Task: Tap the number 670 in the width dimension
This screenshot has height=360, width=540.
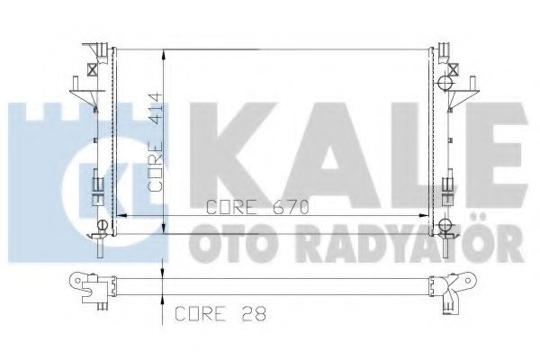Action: click(292, 207)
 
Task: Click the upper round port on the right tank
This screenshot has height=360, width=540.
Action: click(443, 84)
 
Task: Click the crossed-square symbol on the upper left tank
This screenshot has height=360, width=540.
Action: click(92, 67)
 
